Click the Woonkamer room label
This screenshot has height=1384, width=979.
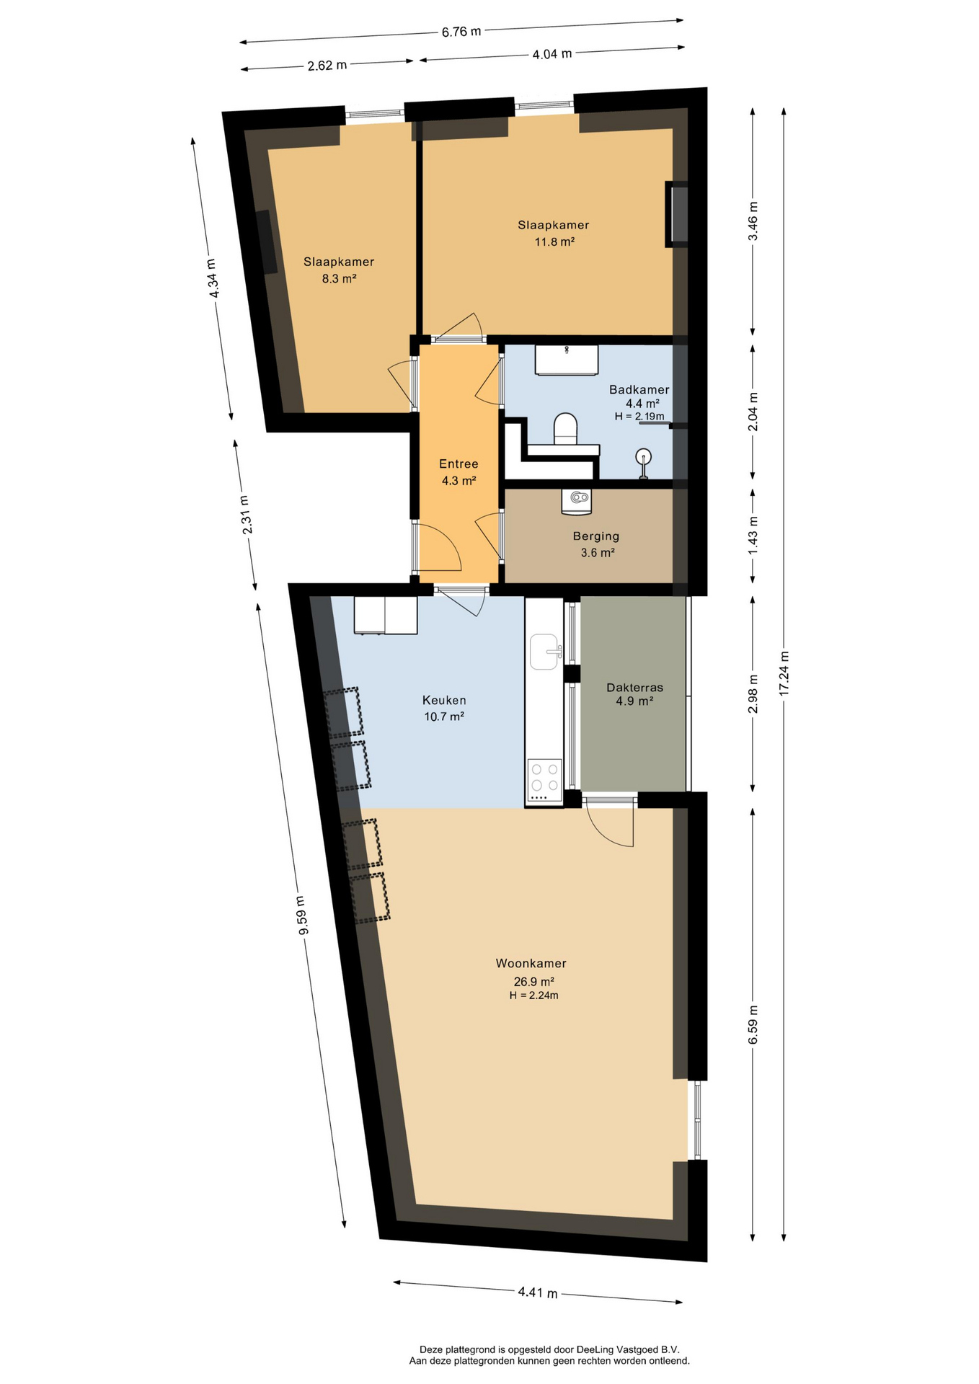(531, 963)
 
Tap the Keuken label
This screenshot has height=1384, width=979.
(444, 700)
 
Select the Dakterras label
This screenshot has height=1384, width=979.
(634, 688)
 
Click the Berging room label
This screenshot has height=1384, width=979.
(596, 536)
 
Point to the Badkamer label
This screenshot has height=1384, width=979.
(639, 389)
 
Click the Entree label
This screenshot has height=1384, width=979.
(459, 463)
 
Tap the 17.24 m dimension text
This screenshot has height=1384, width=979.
(784, 673)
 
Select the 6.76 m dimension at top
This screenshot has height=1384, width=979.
(461, 32)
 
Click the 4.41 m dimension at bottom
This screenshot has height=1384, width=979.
(538, 1292)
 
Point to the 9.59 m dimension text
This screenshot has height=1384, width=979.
(302, 915)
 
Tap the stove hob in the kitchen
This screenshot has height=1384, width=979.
(544, 779)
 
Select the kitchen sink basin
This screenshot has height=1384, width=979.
(545, 652)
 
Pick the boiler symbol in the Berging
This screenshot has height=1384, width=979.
(576, 502)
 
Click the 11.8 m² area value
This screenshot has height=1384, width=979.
(554, 242)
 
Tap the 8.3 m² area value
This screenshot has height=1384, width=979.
(339, 279)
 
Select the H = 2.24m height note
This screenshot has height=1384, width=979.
(533, 995)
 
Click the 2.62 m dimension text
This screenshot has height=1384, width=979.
(327, 66)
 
